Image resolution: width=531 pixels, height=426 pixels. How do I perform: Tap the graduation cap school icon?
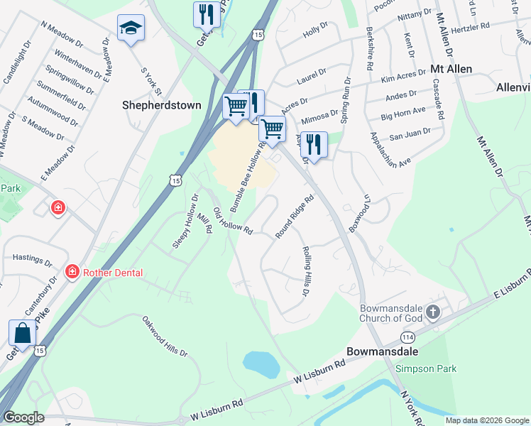coord(131,28)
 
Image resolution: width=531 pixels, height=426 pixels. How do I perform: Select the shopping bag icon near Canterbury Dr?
coord(22,333)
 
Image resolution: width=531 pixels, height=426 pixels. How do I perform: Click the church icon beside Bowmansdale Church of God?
coord(432,312)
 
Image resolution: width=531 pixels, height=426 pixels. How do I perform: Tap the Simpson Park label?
coord(425,368)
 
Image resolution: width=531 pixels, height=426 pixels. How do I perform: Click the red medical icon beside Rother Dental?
coord(72,272)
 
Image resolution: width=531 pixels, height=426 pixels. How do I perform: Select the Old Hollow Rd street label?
coord(234,221)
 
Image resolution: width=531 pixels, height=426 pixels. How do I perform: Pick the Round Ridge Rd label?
coord(295,217)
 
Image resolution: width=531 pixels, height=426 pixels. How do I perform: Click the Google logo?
coord(23,417)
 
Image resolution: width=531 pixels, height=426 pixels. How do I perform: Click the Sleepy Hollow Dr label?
coord(185,221)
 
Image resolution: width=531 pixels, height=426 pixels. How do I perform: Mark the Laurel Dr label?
coord(311,77)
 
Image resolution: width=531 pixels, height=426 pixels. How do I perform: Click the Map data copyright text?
coord(487,420)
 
